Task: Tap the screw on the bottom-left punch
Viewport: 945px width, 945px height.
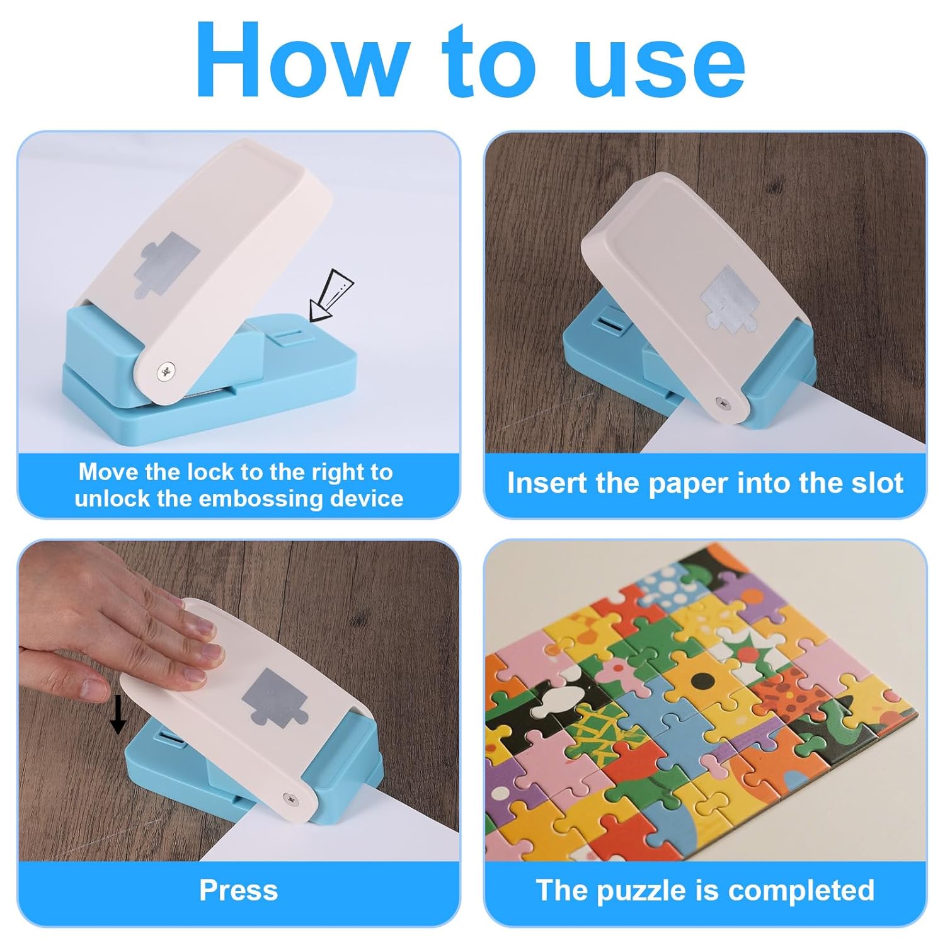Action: [290, 798]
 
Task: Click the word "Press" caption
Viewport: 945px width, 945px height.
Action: [239, 890]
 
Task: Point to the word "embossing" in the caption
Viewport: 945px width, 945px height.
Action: [258, 500]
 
